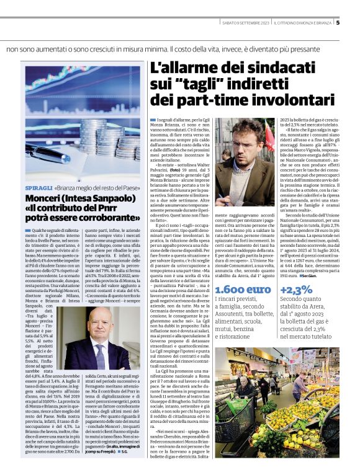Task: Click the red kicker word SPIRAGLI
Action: click(38, 187)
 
